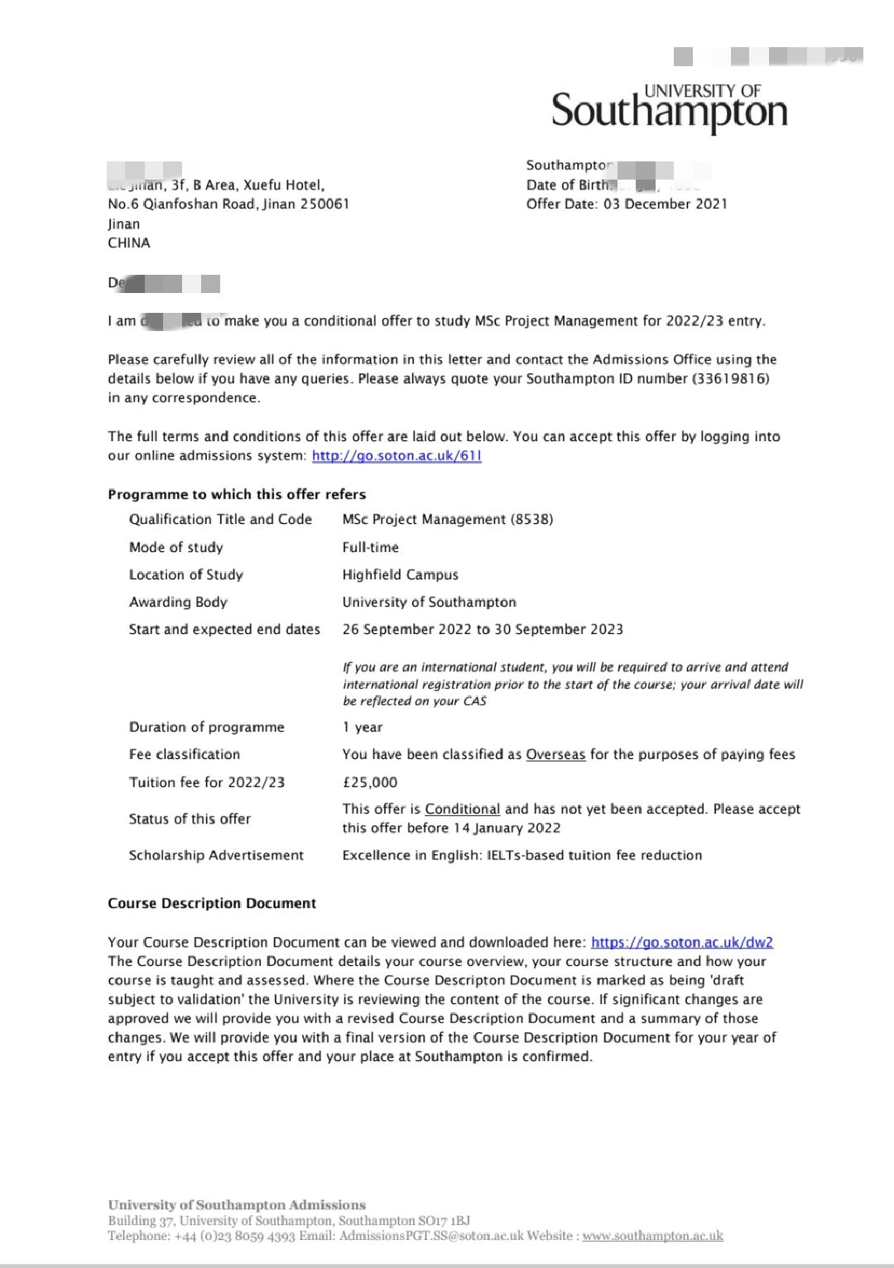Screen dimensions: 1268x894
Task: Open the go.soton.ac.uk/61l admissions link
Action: (x=397, y=456)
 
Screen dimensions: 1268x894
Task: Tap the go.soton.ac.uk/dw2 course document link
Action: (x=682, y=942)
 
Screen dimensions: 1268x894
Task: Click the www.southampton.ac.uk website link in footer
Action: (x=652, y=1236)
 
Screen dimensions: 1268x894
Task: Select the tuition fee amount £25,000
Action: (x=369, y=782)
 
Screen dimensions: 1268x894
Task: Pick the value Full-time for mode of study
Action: (x=370, y=547)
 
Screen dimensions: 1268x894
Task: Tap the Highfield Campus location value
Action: (x=400, y=574)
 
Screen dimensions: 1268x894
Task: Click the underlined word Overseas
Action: (x=555, y=754)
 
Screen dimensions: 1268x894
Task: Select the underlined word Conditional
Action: (x=462, y=809)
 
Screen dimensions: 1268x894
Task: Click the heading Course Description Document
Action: (x=212, y=903)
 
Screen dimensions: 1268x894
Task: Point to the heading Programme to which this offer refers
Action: (x=237, y=494)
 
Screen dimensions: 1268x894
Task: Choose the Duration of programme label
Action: (x=206, y=727)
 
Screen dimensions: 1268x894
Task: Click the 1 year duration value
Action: (x=363, y=727)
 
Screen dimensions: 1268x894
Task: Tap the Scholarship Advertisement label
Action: (x=216, y=855)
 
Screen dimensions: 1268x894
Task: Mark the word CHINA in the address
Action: (x=129, y=243)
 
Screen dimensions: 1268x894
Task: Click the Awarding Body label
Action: (x=178, y=602)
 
